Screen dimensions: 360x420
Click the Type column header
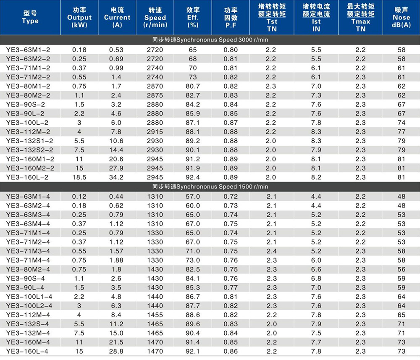coord(30,17)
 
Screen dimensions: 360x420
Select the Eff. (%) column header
coord(193,17)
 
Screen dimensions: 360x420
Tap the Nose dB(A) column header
coord(401,17)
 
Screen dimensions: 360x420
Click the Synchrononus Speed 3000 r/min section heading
coord(210,40)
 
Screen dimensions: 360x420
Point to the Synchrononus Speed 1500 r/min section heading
coord(210,187)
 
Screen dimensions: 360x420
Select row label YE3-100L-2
coord(27,122)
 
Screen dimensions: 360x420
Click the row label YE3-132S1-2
coord(30,140)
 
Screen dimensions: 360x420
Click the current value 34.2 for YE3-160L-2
coord(116,177)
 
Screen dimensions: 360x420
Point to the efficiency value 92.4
coord(193,177)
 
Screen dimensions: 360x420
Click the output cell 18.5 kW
coord(79,177)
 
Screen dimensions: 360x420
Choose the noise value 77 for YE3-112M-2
coord(402,131)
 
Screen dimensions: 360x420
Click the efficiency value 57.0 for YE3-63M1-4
coord(193,196)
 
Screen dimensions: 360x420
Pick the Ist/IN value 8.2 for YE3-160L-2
coord(316,177)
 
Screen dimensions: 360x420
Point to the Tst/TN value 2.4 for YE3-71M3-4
coord(271,250)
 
